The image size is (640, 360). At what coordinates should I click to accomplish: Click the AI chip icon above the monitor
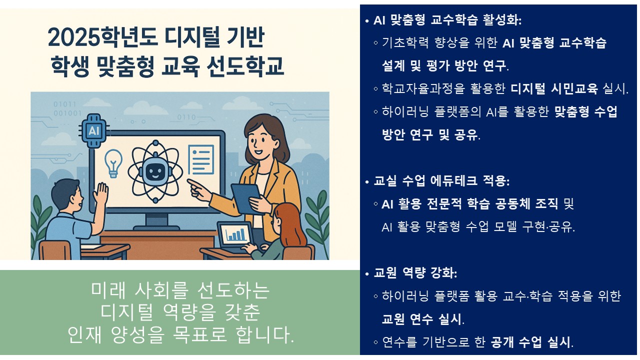[94, 131]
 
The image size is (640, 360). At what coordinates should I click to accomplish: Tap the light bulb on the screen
[113, 163]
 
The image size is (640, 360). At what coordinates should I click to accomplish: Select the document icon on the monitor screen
[201, 159]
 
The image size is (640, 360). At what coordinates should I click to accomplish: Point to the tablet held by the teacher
[246, 198]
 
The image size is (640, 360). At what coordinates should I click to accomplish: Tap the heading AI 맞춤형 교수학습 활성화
[447, 20]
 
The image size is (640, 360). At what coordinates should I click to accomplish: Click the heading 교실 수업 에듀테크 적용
[441, 181]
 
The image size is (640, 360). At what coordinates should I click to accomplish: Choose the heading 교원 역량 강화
[415, 273]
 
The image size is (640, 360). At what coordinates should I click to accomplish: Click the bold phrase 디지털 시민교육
[554, 88]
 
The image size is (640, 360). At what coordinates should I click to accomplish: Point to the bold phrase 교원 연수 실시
[421, 319]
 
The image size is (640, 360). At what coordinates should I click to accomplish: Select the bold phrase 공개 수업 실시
[530, 341]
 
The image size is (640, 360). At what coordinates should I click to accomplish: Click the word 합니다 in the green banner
[264, 334]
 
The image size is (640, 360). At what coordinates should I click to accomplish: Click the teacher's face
[259, 140]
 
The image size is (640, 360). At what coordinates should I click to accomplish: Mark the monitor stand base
[156, 228]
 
